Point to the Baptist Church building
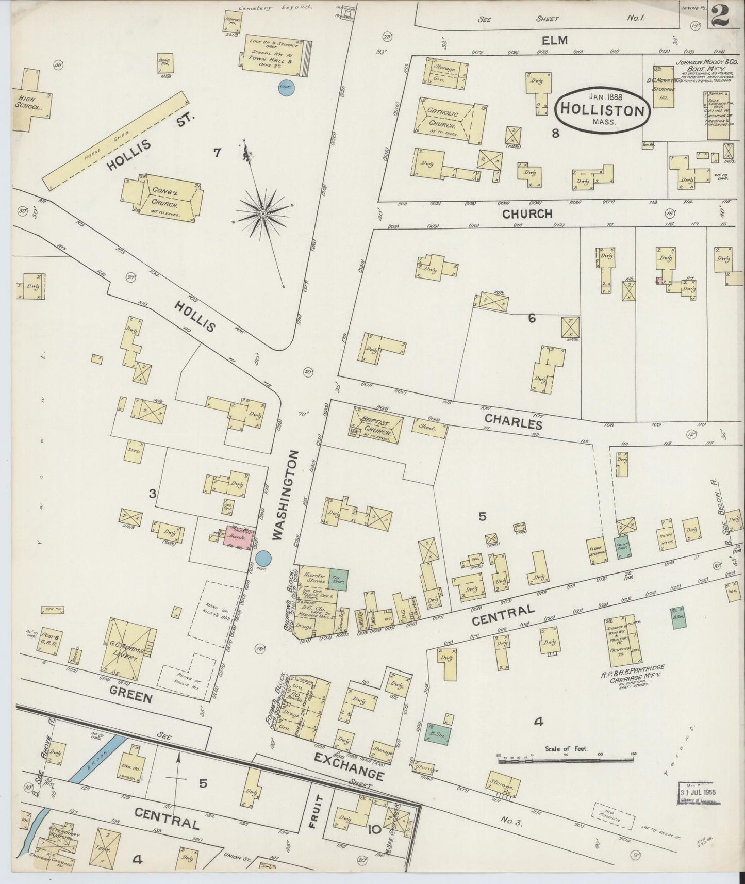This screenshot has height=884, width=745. click(377, 425)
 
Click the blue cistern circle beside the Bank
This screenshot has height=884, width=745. click(263, 558)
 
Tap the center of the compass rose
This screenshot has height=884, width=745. click(263, 213)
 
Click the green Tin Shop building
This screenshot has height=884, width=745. click(338, 579)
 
